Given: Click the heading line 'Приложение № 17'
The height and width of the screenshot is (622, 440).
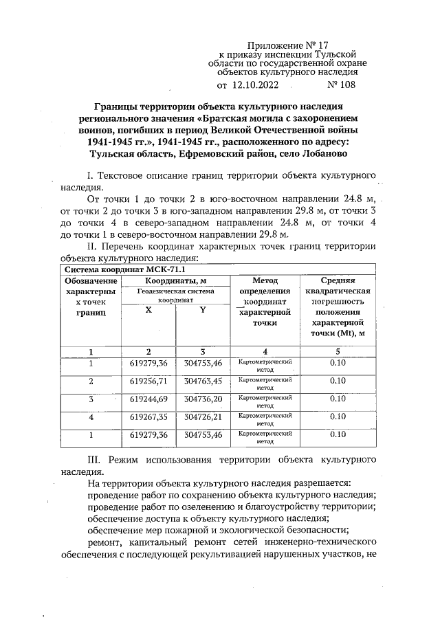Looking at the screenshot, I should tap(287, 43).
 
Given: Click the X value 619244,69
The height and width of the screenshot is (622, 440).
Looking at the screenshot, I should tap(148, 399).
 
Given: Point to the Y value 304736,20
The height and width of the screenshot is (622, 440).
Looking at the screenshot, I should tap(203, 399).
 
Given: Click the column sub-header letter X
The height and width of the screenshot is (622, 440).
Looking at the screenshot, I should tap(148, 310).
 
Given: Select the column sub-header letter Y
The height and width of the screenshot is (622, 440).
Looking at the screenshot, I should tap(203, 310).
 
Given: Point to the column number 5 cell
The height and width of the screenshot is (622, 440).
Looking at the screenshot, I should tap(337, 352).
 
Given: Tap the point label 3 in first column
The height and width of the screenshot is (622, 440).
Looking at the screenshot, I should tap(91, 399).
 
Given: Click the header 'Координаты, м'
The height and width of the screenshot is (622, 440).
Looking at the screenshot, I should tap(176, 280).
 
